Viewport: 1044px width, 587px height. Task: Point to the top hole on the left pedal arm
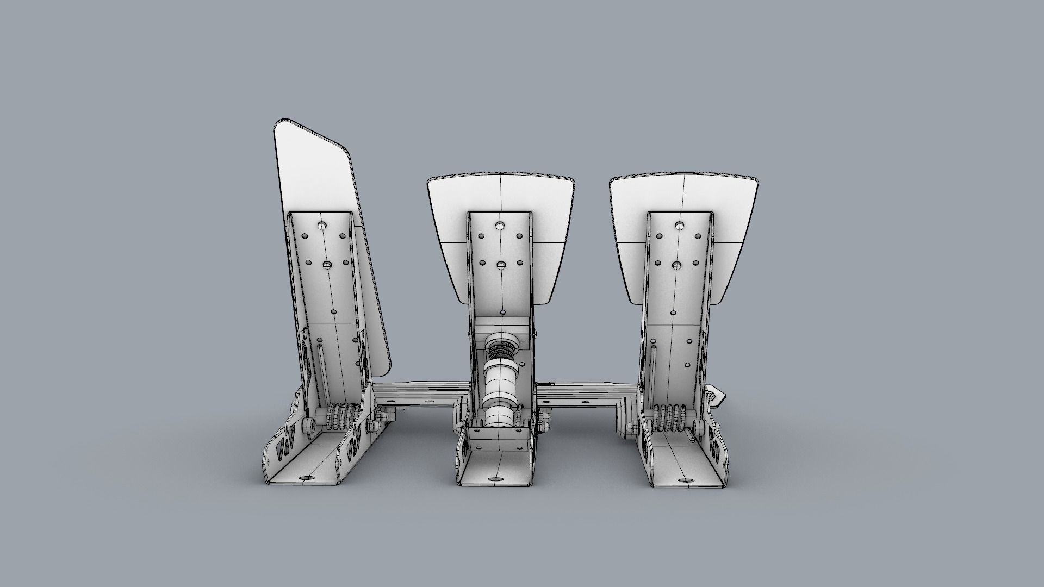pos(322,225)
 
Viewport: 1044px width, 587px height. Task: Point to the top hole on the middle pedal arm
pos(500,225)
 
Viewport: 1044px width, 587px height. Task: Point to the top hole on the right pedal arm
pos(678,225)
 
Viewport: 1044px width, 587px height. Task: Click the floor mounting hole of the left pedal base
pos(306,478)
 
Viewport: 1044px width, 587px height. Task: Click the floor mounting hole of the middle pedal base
pos(495,479)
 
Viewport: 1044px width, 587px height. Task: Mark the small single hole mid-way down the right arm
pos(673,313)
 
